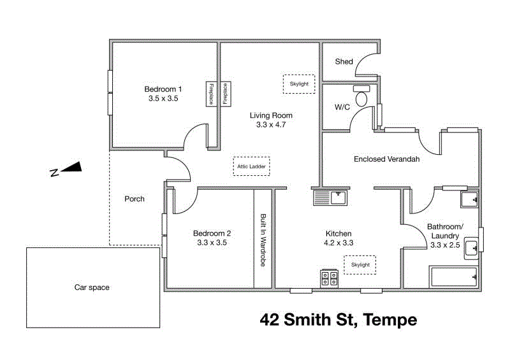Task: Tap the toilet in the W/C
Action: pos(361,97)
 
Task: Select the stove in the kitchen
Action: pos(330,278)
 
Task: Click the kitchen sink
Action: pos(330,198)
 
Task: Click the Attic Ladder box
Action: pos(251,166)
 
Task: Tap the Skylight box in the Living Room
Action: pos(299,84)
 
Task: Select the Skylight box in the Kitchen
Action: pos(360,264)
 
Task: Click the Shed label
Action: pos(344,62)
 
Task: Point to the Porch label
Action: pos(135,199)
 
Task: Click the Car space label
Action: pos(92,287)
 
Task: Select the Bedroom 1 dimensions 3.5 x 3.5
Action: pos(163,99)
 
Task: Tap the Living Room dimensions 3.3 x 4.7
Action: pos(271,125)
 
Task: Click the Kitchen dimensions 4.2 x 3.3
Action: pos(339,243)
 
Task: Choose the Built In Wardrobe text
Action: pos(263,239)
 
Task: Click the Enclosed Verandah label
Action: pos(386,159)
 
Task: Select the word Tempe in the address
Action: pos(390,319)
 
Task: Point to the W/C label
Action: pos(342,107)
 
